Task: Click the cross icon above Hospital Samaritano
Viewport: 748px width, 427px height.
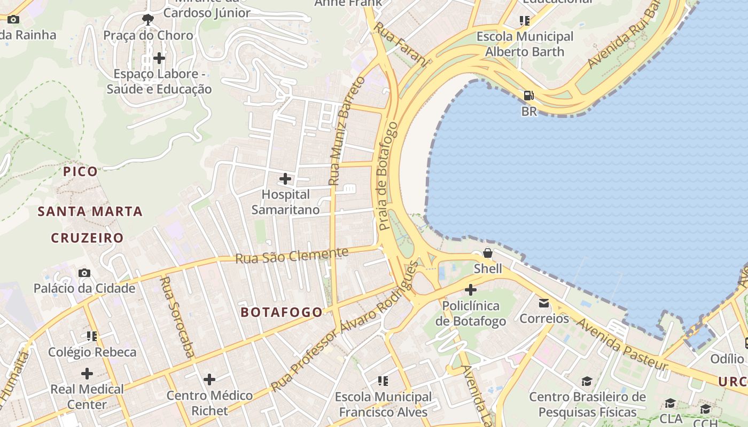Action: point(285,178)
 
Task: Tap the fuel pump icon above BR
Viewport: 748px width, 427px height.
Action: point(528,96)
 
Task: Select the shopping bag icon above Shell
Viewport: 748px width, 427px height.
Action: point(488,252)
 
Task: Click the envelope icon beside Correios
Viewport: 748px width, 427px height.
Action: point(544,303)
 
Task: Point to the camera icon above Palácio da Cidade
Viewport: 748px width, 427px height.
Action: point(84,273)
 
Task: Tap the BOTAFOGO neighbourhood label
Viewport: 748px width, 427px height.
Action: point(282,312)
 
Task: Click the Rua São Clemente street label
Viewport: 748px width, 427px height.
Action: point(292,255)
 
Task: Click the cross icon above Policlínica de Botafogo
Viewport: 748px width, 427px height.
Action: point(470,290)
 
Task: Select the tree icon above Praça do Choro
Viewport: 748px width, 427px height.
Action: point(147,20)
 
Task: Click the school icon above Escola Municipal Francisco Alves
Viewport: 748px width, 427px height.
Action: point(383,381)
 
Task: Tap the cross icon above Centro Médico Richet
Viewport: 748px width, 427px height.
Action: point(209,379)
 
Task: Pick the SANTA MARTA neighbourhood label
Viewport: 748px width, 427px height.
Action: point(90,211)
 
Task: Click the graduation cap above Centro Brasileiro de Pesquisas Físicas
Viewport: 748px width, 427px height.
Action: point(587,381)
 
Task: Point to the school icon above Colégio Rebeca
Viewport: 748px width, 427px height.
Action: point(92,336)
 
